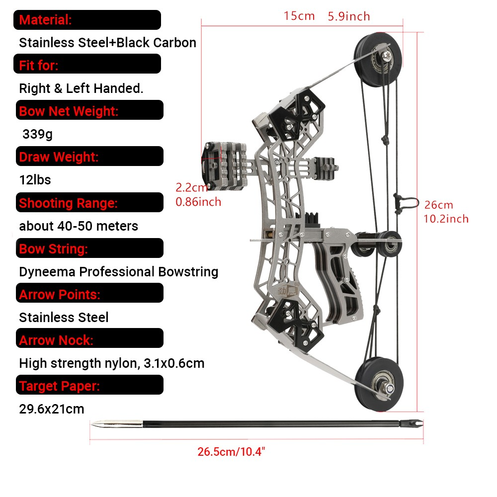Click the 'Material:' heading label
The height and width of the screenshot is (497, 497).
pos(45,20)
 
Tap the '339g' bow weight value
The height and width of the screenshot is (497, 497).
pos(37,134)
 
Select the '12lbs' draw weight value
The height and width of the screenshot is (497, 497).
pos(35,180)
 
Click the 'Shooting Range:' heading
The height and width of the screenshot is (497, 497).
pos(68,203)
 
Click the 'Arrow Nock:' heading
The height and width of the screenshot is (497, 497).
pos(56,340)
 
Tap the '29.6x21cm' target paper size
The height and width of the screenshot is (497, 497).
pos(52,409)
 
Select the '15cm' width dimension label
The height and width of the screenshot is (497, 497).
pos(299,16)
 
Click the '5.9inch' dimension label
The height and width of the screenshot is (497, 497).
pos(349,16)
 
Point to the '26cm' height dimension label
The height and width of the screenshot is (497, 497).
pos(439,205)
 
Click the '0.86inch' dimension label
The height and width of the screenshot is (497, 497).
pos(198,202)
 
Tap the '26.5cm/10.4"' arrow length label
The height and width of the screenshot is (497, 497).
pos(231,452)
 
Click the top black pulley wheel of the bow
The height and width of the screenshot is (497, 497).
pos(378,59)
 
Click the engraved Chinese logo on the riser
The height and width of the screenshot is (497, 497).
pos(288,290)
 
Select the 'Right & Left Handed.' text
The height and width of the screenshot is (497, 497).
pos(81,88)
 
